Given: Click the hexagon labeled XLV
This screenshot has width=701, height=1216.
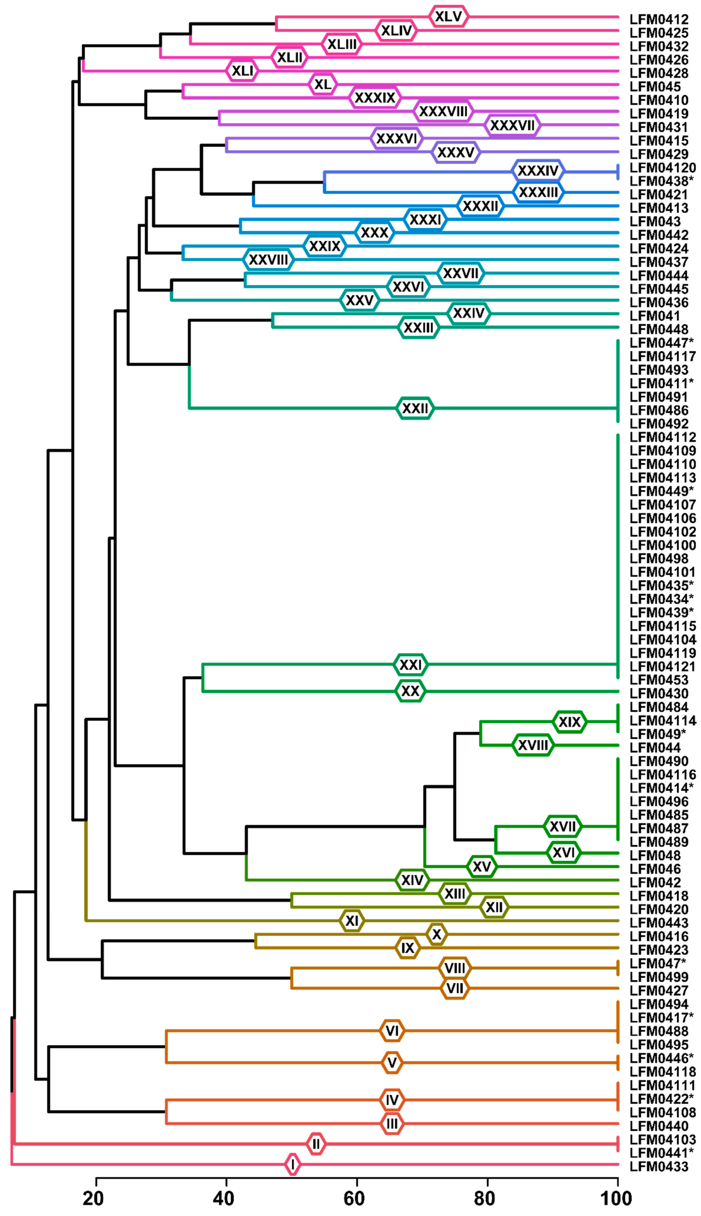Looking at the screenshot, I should coord(448,17).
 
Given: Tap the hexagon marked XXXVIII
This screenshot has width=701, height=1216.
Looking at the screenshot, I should coord(443,112).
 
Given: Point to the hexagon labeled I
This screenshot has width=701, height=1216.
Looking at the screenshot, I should coord(292,1164).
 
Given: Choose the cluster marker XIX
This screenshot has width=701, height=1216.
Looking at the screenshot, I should coord(570,722).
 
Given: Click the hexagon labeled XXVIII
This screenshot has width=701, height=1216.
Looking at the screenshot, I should coord(268,260).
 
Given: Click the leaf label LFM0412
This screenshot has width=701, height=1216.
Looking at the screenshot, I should coord(659,20).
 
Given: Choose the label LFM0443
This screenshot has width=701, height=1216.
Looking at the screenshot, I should coord(659,923).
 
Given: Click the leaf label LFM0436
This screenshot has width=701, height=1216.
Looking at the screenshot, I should coord(659,302).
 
